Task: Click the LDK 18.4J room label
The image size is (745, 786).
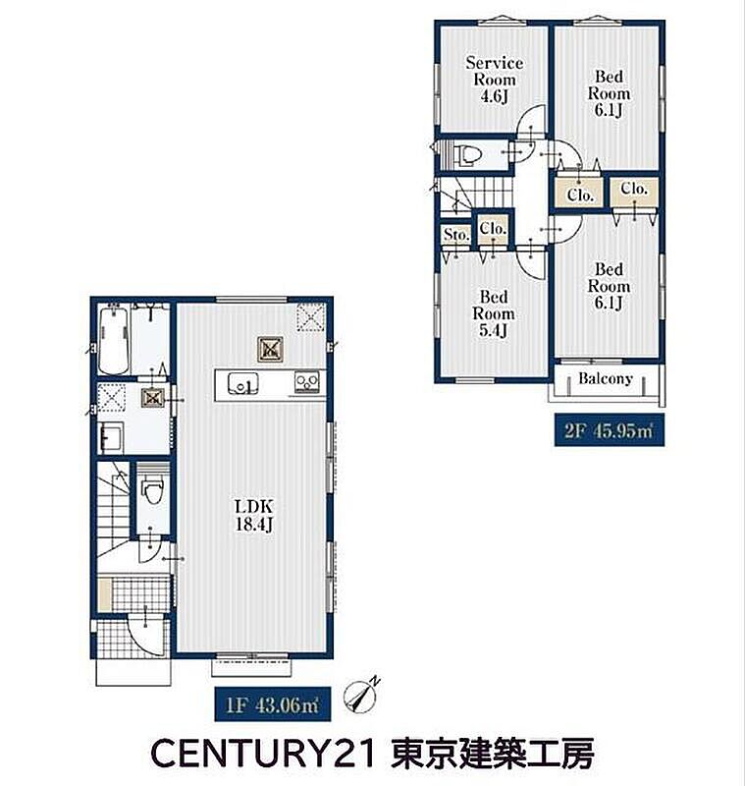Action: [x=254, y=515]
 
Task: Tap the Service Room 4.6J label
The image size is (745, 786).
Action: [x=494, y=80]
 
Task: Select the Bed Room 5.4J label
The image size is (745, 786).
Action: [x=493, y=313]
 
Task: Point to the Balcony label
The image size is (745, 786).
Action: [x=606, y=378]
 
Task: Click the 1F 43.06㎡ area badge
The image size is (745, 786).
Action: [x=272, y=704]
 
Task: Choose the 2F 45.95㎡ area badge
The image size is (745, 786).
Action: [x=610, y=430]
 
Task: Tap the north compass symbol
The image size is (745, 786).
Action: [x=360, y=695]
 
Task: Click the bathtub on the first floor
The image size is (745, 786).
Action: [x=114, y=339]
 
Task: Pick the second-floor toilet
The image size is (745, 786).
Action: [x=466, y=154]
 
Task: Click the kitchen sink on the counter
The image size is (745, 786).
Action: [x=243, y=384]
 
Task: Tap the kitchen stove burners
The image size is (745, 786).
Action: [x=307, y=383]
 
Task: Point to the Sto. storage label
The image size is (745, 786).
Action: [x=456, y=234]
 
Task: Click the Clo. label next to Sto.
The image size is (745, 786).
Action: [x=493, y=229]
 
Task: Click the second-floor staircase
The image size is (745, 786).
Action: [x=476, y=193]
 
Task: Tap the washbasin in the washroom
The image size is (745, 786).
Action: [x=112, y=438]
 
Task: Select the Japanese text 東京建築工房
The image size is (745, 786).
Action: [x=493, y=754]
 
